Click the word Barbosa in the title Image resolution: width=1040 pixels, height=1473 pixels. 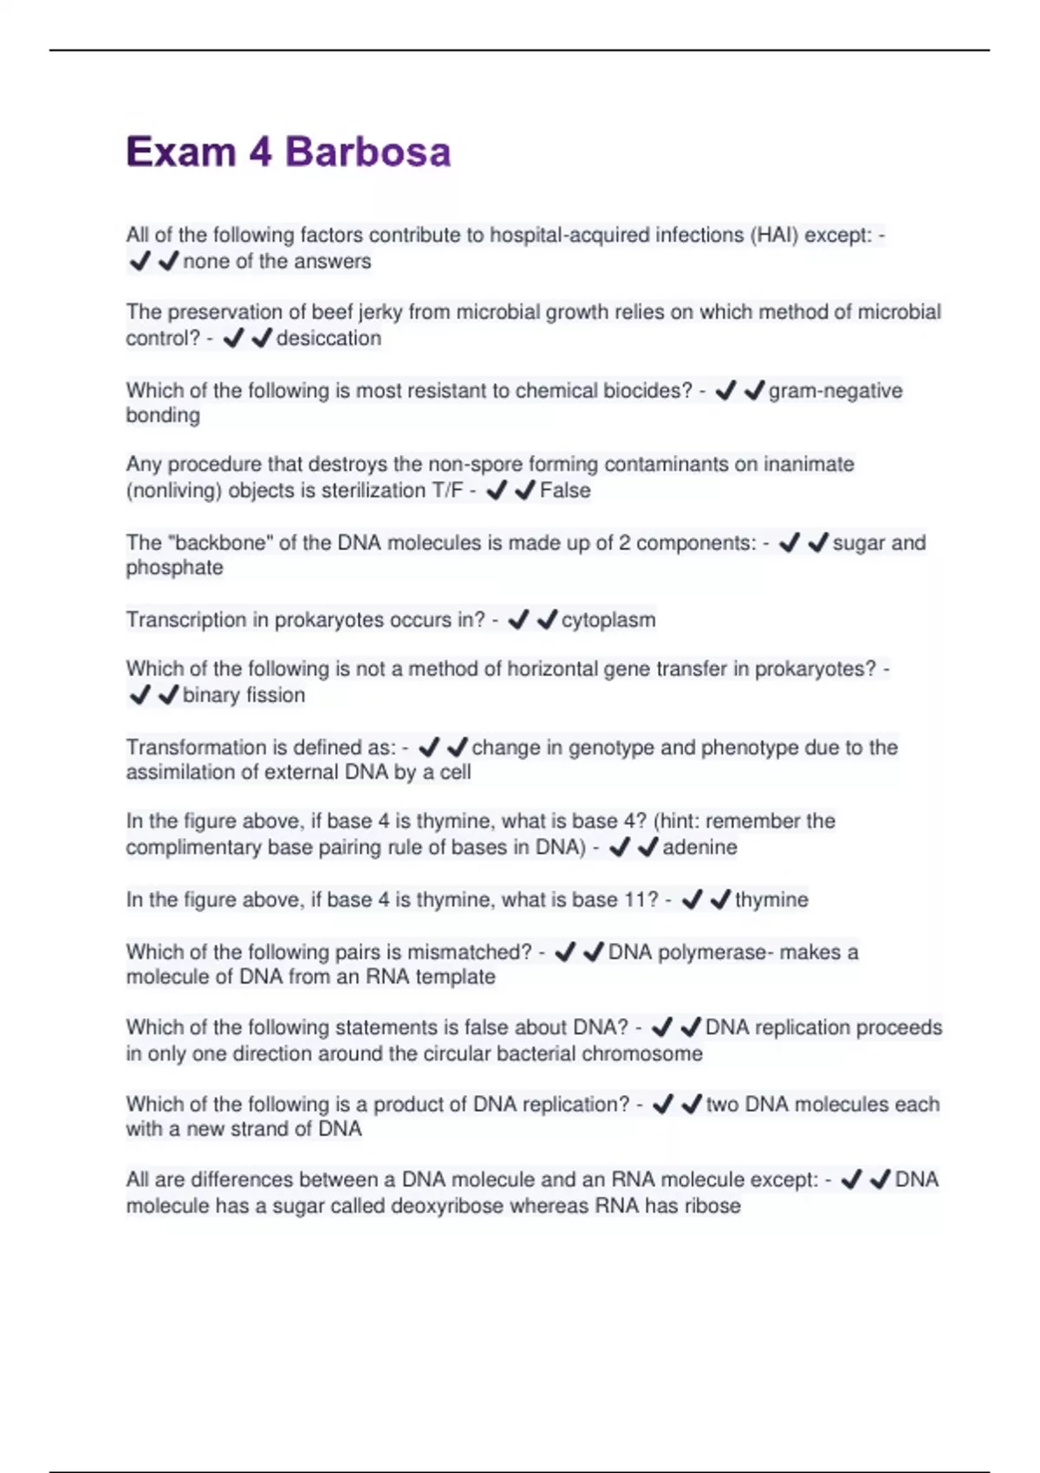pyautogui.click(x=367, y=152)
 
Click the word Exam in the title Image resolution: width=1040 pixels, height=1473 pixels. pyautogui.click(x=181, y=152)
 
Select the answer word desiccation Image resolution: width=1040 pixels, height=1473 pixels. pyautogui.click(x=328, y=338)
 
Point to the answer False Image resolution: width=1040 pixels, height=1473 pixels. pyautogui.click(x=565, y=490)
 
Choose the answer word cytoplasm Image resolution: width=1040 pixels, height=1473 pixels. pyautogui.click(x=608, y=620)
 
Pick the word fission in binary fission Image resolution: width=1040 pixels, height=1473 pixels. pyautogui.click(x=275, y=695)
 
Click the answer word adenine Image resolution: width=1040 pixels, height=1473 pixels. pyautogui.click(x=699, y=847)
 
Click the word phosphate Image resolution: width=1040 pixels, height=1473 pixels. pyautogui.click(x=174, y=568)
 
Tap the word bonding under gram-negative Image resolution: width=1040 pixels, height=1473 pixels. pyautogui.click(x=163, y=415)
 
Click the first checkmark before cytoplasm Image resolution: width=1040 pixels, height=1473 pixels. pyautogui.click(x=518, y=620)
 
